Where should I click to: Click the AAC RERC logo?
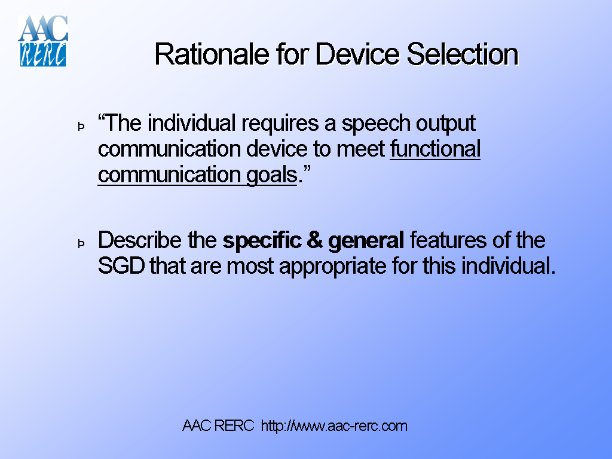pyautogui.click(x=43, y=41)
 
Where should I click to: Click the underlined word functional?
pyautogui.click(x=435, y=149)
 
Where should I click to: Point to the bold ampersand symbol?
pyautogui.click(x=315, y=240)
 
